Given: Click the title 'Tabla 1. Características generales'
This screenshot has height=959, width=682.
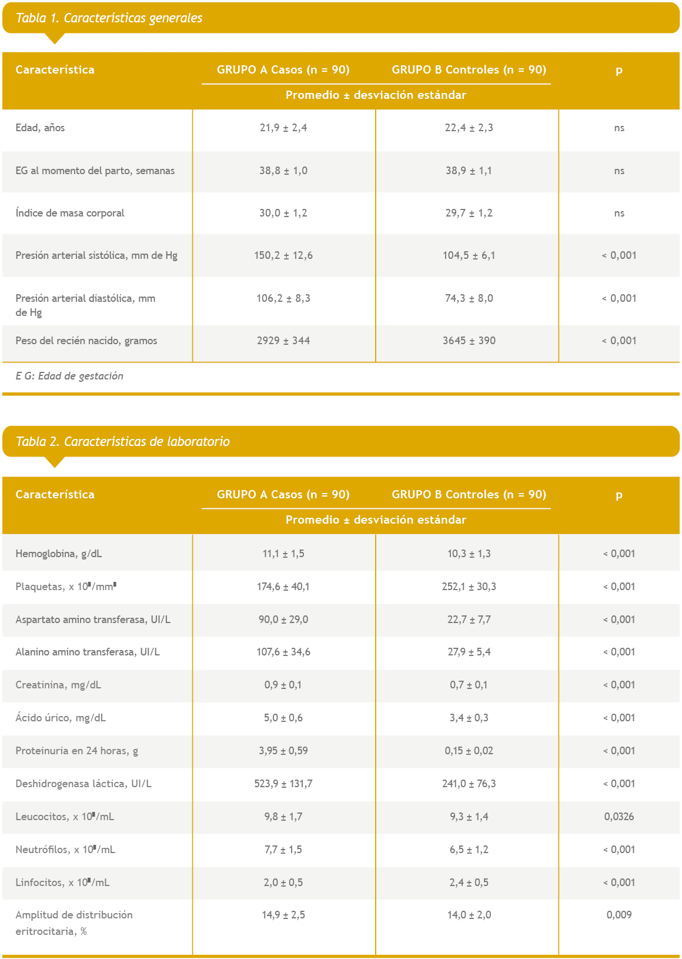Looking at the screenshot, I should click(x=109, y=18).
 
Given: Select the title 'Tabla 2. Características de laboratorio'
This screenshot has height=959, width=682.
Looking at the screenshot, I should click(x=122, y=442).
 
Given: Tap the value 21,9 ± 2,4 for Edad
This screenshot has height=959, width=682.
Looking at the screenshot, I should click(x=283, y=128).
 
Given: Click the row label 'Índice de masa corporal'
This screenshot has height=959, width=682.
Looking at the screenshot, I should click(x=70, y=213).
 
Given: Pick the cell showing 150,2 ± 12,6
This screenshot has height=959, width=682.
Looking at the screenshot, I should click(x=283, y=255).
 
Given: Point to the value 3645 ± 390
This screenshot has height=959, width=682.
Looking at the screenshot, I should click(x=469, y=341).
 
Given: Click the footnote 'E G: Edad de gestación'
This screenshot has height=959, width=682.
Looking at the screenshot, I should click(x=69, y=376).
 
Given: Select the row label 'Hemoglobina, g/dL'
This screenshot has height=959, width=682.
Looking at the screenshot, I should click(x=59, y=554).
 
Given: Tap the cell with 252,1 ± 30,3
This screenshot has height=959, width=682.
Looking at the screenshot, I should click(x=469, y=587).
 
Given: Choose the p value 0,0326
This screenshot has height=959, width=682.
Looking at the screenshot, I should click(x=619, y=817).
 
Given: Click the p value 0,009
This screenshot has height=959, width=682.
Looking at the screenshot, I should click(x=619, y=915).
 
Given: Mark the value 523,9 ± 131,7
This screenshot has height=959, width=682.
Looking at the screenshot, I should click(x=283, y=784).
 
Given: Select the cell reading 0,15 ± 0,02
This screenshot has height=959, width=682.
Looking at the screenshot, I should click(x=469, y=751).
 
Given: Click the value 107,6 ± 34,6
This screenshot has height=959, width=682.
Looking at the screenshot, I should click(x=283, y=652).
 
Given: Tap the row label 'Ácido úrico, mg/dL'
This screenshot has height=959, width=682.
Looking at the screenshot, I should click(x=61, y=718).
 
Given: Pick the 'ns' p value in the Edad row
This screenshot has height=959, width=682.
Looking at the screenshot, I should click(x=619, y=128).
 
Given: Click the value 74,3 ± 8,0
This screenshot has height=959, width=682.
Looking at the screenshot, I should click(x=469, y=298).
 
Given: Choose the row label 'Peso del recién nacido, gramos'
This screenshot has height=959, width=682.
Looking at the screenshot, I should click(x=86, y=341).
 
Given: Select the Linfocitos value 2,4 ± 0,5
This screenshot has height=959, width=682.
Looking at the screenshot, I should click(x=469, y=883).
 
